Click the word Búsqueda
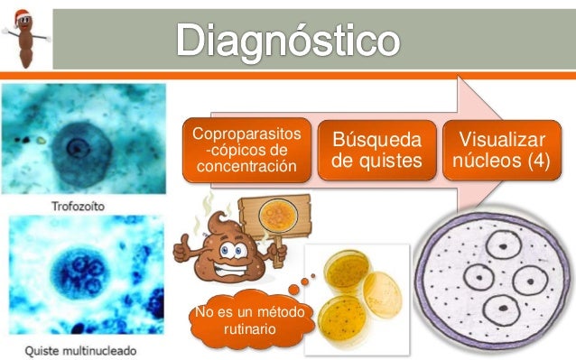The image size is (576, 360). point(376,140)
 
